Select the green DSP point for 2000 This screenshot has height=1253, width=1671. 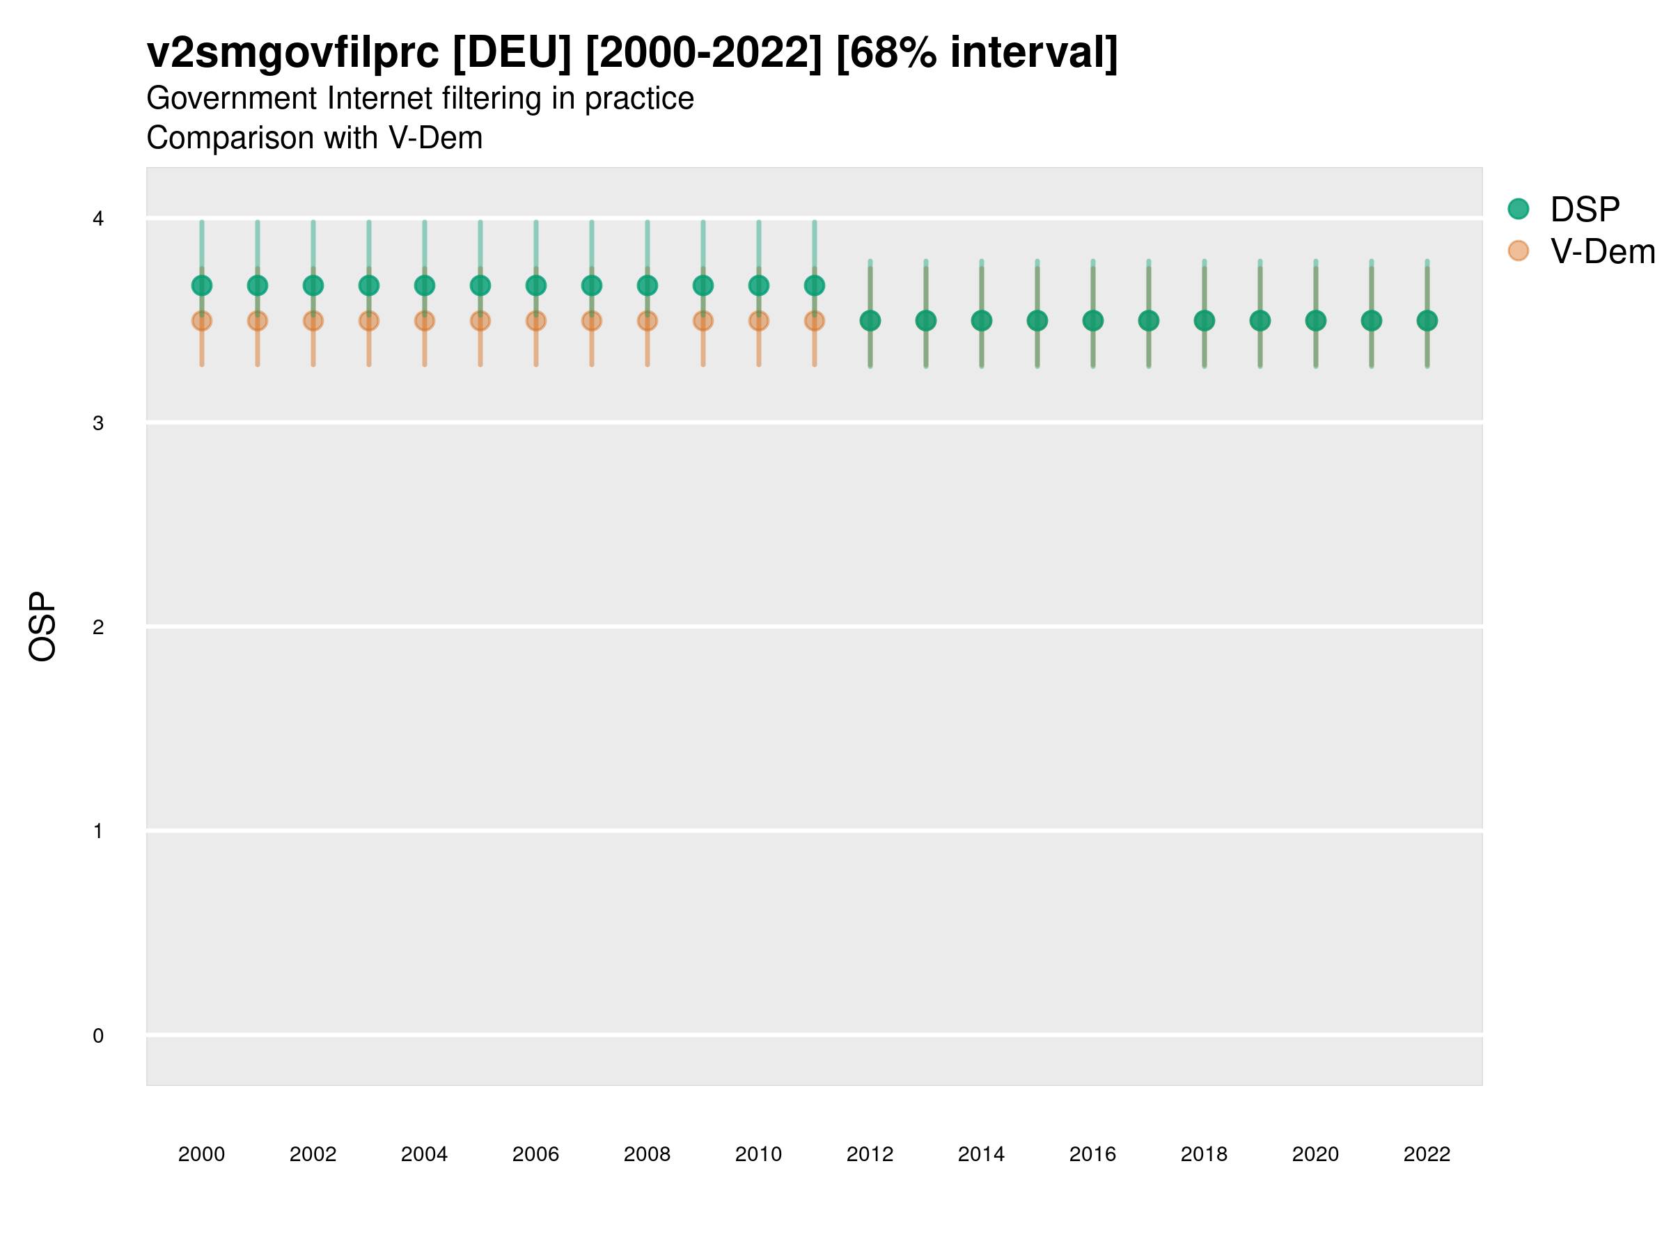click(x=202, y=285)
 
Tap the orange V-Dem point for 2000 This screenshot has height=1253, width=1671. click(x=202, y=322)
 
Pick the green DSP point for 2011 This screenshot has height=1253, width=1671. click(x=815, y=285)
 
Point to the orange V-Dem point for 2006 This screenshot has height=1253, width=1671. click(x=535, y=322)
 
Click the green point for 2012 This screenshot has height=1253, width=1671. click(x=870, y=321)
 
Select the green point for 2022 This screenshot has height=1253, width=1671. click(x=1427, y=321)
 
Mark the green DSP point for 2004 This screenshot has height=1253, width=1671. click(x=425, y=285)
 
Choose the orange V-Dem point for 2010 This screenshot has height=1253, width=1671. click(x=758, y=322)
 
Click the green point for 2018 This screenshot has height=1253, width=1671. click(x=1204, y=321)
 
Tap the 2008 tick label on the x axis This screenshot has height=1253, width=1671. click(x=648, y=1154)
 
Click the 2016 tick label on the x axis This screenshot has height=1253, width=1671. click(x=1092, y=1154)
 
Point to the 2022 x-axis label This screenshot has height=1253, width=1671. click(x=1427, y=1154)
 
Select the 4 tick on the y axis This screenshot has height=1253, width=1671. click(x=98, y=219)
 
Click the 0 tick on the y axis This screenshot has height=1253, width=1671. click(x=98, y=1036)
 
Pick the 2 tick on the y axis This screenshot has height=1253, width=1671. click(x=98, y=627)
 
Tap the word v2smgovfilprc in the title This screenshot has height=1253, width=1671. click(x=292, y=53)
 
